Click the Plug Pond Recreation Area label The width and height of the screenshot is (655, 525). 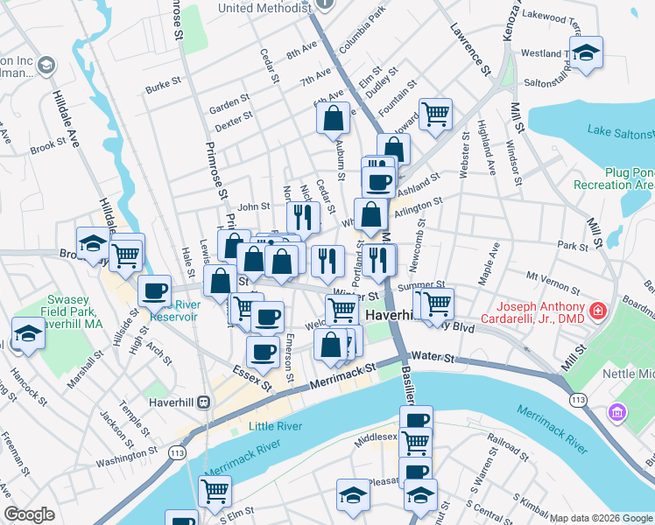tap(614, 178)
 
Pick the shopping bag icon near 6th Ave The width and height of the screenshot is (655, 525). tap(334, 117)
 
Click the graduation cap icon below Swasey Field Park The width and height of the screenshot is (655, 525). tap(28, 333)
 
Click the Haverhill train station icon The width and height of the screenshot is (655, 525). tap(203, 402)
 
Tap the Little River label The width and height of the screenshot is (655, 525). tap(275, 426)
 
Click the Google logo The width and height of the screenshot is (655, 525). tap(29, 514)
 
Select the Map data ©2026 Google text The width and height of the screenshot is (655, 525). tap(601, 518)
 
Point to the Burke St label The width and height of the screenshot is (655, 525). tap(163, 87)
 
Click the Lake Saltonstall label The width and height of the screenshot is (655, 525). tap(620, 131)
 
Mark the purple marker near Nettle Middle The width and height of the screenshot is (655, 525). tap(619, 410)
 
